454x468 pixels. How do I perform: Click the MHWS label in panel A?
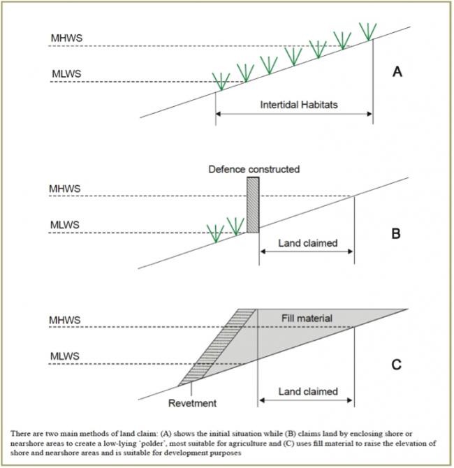[x=66, y=38]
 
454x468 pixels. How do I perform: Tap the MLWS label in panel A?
[x=66, y=74]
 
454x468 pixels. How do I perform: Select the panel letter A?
[x=397, y=72]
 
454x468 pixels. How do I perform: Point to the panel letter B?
[x=396, y=233]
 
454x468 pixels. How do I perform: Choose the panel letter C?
[x=397, y=365]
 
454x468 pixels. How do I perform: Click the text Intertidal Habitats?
[x=299, y=105]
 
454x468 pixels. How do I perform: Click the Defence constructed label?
[x=254, y=169]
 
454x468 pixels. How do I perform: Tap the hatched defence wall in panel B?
[x=253, y=205]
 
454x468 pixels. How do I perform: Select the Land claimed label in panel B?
[x=308, y=243]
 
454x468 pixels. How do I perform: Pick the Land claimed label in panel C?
[x=308, y=392]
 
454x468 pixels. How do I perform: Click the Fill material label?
[x=307, y=318]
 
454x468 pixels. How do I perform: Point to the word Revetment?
[x=192, y=403]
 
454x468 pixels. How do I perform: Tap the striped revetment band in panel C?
[x=217, y=348]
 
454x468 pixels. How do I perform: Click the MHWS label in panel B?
[x=65, y=189]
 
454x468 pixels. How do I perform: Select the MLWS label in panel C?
[x=65, y=356]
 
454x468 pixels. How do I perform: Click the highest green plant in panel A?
[x=368, y=31]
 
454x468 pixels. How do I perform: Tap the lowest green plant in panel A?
[x=221, y=81]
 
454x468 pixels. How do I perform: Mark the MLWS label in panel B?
[x=65, y=225]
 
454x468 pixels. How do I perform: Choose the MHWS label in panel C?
[x=65, y=320]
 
